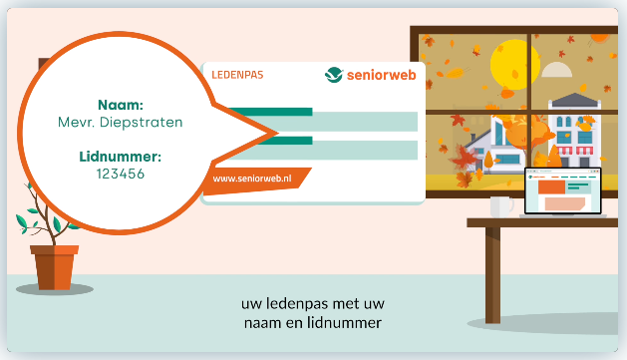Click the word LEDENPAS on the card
(236, 75)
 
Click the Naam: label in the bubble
(122, 104)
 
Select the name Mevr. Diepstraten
(122, 123)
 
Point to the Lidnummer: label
(121, 157)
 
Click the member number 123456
(121, 174)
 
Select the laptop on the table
(564, 193)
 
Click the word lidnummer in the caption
(352, 322)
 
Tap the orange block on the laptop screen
(551, 186)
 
